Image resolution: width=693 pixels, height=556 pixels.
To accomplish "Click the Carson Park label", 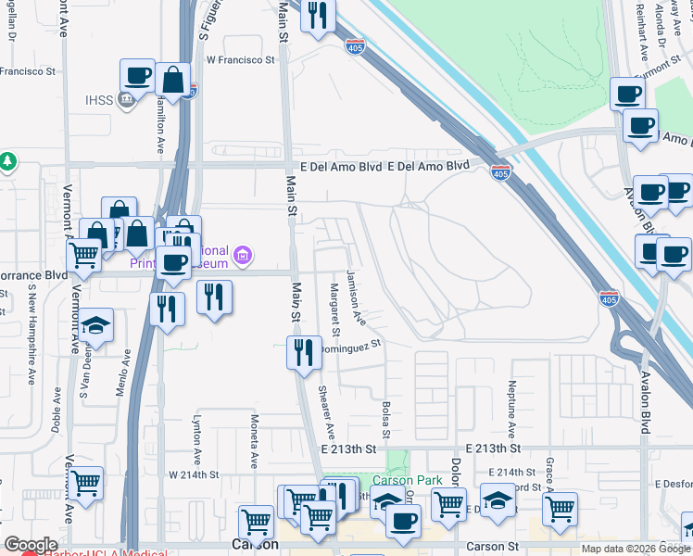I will click(406, 480).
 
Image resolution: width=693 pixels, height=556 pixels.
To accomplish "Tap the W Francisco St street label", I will click(241, 59).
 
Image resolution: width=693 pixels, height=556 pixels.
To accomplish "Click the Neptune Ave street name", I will click(510, 409).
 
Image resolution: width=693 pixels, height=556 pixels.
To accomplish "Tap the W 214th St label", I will click(193, 474).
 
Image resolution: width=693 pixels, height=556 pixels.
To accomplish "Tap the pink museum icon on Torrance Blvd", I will click(243, 254).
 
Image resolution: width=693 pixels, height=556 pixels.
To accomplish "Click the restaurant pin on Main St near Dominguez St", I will click(304, 351).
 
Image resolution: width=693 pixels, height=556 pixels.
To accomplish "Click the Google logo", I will click(31, 545).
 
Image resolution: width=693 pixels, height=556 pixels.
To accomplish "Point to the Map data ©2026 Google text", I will click(635, 549).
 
